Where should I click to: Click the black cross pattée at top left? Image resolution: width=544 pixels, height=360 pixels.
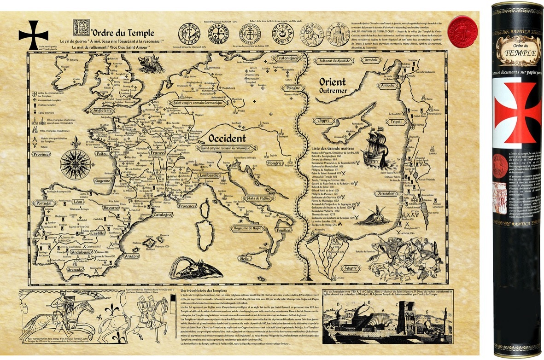[x=33, y=35]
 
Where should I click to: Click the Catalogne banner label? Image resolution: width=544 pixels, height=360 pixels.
[x=159, y=215]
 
